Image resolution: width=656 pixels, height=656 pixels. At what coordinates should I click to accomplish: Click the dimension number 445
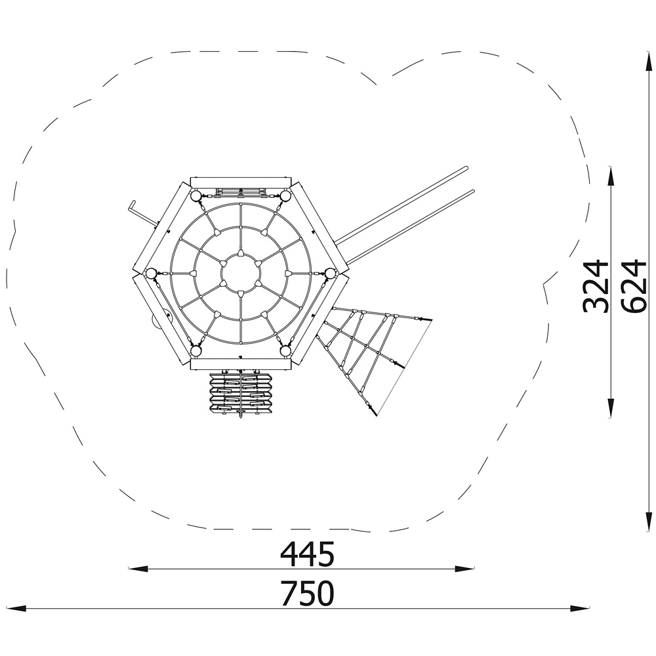pyautogui.click(x=308, y=554)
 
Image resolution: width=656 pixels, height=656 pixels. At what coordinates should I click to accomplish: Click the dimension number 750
pyautogui.click(x=308, y=593)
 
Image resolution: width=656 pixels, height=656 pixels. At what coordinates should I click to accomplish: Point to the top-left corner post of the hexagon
pyautogui.click(x=195, y=195)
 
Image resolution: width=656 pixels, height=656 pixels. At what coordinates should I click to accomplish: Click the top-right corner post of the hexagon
pyautogui.click(x=286, y=195)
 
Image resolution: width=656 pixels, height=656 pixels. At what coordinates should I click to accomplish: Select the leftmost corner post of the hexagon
pyautogui.click(x=151, y=274)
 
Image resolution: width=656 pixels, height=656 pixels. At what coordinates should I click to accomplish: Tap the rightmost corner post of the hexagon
pyautogui.click(x=331, y=274)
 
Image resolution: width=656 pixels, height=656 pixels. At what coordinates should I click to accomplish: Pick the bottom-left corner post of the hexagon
pyautogui.click(x=195, y=350)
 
